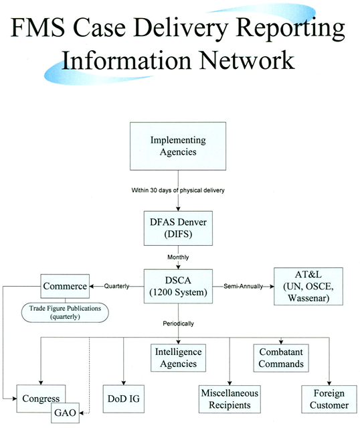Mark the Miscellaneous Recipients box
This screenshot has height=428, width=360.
tap(230, 399)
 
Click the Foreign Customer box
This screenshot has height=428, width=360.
tap(325, 399)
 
